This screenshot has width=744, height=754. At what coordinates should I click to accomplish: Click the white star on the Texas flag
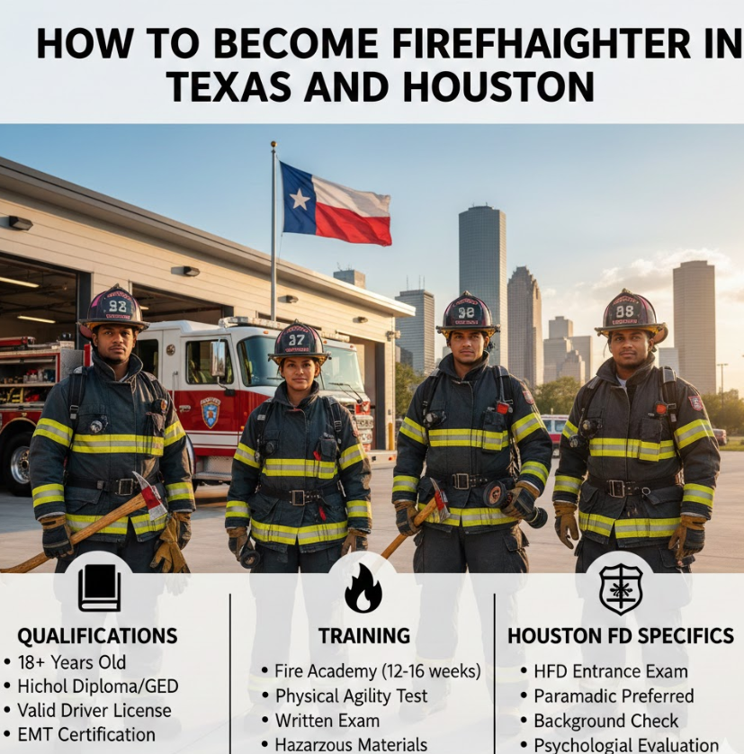tap(300, 199)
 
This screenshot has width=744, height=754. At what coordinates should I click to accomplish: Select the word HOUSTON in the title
tap(498, 87)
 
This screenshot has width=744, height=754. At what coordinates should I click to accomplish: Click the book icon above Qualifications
tap(99, 588)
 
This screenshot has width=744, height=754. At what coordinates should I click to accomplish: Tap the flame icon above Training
tap(363, 588)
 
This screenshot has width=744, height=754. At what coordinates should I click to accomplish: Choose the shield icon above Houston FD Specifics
tap(621, 589)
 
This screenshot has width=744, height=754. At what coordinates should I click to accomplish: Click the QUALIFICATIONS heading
tap(98, 636)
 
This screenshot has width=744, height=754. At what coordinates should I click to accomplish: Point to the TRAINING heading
tap(364, 636)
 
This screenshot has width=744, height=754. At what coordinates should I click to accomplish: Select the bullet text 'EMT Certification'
tap(86, 735)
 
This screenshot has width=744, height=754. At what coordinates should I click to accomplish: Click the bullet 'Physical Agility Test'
tap(351, 696)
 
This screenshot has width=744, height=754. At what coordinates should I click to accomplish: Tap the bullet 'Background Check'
tap(606, 721)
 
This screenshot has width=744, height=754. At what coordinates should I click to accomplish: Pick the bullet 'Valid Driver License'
tap(94, 710)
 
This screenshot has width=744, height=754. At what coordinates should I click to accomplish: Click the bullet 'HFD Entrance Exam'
tap(611, 671)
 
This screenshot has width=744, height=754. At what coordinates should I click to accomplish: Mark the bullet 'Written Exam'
tap(327, 721)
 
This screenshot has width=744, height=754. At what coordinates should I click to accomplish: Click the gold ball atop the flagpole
tap(273, 144)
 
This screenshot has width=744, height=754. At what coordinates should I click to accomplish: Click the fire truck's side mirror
tap(218, 358)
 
